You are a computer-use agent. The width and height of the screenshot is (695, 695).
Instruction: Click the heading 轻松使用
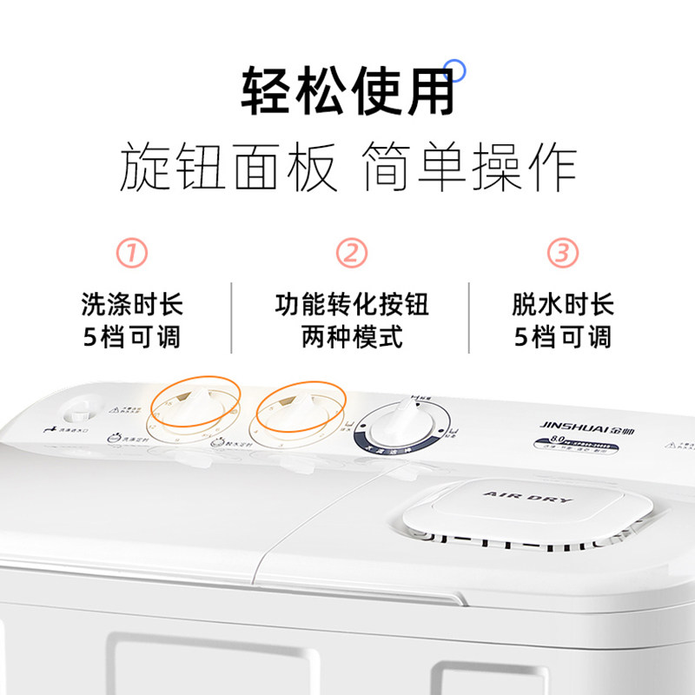tap(347, 91)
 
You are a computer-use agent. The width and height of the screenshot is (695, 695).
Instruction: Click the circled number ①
tap(132, 254)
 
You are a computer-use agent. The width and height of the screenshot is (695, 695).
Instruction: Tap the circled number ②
tap(351, 254)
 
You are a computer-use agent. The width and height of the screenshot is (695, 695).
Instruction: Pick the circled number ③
tap(562, 254)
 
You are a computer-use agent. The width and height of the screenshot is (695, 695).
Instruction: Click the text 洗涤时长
tap(132, 304)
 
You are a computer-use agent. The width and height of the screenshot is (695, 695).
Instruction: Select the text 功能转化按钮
tap(351, 304)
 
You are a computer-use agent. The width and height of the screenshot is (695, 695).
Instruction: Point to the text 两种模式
tap(351, 337)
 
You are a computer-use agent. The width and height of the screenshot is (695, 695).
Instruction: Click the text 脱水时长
tap(562, 304)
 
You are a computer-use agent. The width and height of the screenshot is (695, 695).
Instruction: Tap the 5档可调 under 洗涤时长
tap(132, 337)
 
